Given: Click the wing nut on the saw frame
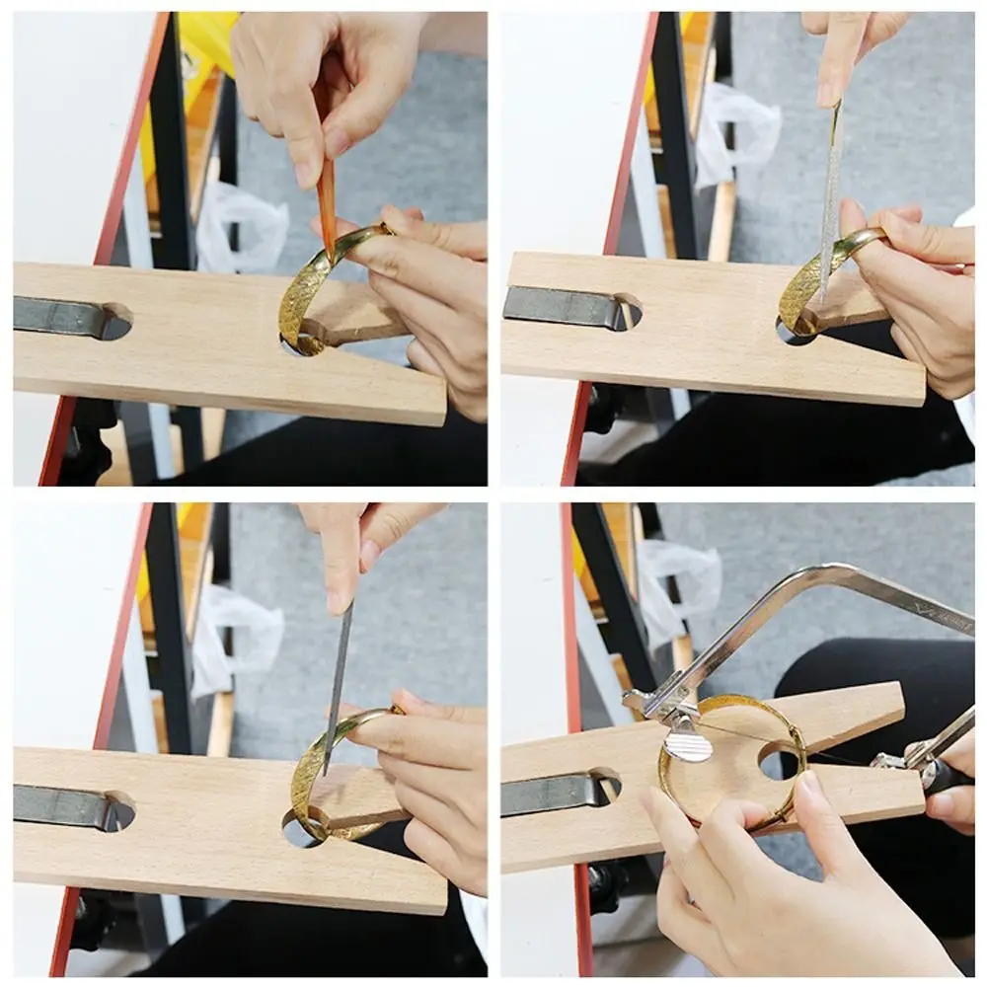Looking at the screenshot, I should (687, 741).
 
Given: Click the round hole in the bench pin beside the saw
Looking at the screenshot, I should (779, 761).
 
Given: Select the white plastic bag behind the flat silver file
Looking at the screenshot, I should (735, 132).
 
